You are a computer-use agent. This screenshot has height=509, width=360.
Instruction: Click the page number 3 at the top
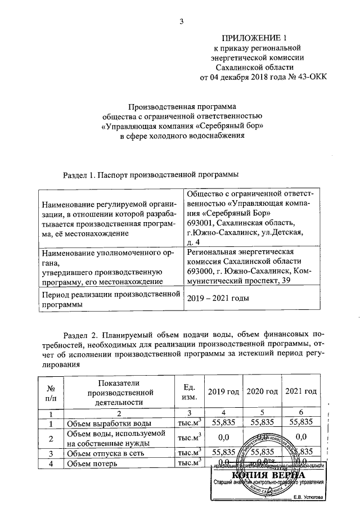182,22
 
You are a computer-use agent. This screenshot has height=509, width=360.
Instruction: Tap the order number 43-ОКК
307,78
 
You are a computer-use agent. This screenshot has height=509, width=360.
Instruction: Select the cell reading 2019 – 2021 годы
218,299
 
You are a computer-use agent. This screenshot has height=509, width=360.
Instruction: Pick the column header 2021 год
301,391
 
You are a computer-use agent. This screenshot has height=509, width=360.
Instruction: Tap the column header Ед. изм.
189,392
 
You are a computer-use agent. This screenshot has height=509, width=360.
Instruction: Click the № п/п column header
51,392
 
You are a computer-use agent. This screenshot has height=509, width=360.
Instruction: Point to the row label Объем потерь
92,464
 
